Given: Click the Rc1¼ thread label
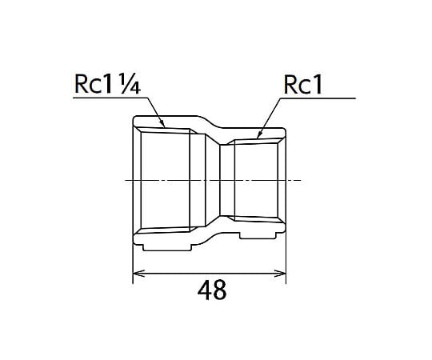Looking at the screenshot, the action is point(108,84).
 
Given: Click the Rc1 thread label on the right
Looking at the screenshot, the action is point(302,85).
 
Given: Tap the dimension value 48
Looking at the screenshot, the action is point(212,290).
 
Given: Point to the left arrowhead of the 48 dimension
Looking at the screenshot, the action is point(138,274).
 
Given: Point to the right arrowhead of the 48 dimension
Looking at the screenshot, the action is point(280,274).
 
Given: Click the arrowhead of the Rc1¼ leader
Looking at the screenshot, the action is point(162,123).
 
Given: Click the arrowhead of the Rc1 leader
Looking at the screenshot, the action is point(259,134).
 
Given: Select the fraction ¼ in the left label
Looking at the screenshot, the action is point(130,85).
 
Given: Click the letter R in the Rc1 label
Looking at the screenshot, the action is point(290,85).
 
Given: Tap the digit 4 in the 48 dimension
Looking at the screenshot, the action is point(204,290).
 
